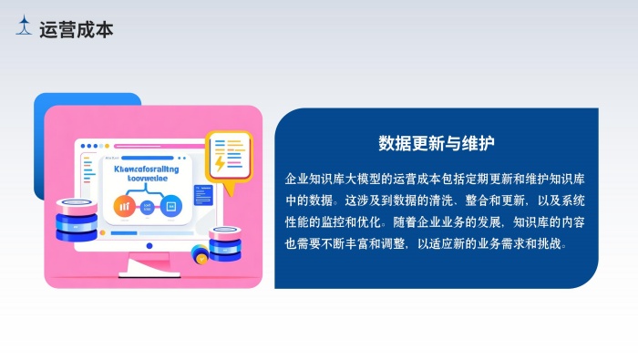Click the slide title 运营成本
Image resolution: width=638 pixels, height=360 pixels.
(x=77, y=29)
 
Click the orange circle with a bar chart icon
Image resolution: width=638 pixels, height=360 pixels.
(x=124, y=205)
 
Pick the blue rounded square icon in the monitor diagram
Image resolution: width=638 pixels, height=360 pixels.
(x=170, y=206)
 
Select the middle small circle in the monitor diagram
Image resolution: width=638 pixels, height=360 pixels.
(x=148, y=206)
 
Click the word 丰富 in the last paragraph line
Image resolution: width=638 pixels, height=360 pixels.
(x=376, y=243)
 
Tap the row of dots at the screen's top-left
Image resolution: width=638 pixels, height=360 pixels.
(x=90, y=146)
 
